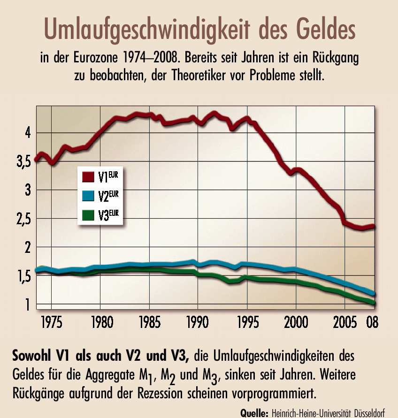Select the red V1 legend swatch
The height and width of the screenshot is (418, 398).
87,176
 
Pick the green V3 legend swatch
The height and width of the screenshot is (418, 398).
87,215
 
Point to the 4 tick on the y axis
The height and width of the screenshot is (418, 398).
28,133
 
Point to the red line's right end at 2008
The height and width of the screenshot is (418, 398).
374,226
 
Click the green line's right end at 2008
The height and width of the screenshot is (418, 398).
374,303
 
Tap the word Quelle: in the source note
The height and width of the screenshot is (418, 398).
254,413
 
